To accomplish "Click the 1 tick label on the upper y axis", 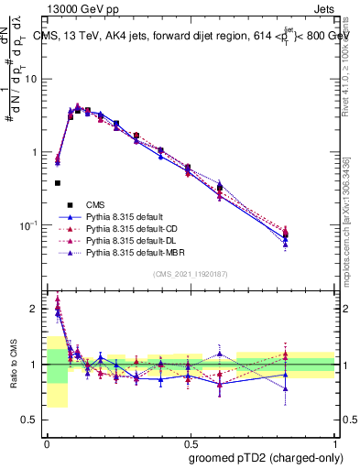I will [x=36, y=152].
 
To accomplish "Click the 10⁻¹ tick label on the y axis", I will [x=29, y=225].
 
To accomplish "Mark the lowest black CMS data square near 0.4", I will [x=58, y=183].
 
